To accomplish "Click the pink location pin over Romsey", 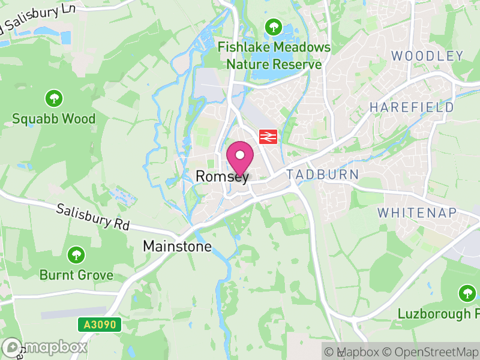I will click(x=240, y=157).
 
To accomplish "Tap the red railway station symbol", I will click(x=267, y=137).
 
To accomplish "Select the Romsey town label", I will click(x=222, y=176).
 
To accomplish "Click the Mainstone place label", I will click(x=177, y=246).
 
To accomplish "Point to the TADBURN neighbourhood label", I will click(x=323, y=175).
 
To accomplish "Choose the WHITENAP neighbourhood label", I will click(x=417, y=212).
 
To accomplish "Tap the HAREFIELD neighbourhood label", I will click(x=412, y=107).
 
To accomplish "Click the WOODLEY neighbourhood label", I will click(x=427, y=56).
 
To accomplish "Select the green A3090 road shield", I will click(x=100, y=325).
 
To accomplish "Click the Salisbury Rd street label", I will click(x=93, y=217).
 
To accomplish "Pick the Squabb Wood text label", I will click(x=54, y=119).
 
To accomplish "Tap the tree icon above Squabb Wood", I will click(x=54, y=98).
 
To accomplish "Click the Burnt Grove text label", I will click(x=76, y=275).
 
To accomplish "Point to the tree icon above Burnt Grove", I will click(x=76, y=254).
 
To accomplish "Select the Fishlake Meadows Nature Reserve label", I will click(x=274, y=55).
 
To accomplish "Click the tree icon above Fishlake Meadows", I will click(x=274, y=26).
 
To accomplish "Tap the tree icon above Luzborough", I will click(x=467, y=293).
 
